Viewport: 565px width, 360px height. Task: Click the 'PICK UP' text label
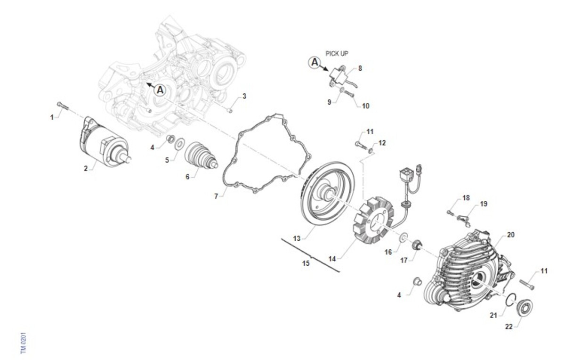click(337, 54)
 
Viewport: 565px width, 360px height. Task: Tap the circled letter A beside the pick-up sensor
click(315, 62)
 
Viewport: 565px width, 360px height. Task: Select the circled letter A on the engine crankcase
click(160, 90)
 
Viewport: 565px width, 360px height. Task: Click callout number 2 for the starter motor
click(86, 169)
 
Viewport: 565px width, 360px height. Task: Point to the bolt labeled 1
click(63, 106)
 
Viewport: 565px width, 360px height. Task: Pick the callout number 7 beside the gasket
click(216, 196)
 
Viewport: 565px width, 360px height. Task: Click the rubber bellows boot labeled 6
click(201, 156)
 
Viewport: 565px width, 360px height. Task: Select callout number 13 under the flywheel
click(297, 238)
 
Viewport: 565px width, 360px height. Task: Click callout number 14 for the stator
click(332, 259)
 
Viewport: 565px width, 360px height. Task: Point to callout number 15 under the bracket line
click(306, 263)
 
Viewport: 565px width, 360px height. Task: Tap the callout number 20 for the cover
click(510, 235)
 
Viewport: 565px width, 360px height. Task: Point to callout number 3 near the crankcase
click(244, 96)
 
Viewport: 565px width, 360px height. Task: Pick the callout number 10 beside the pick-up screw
click(365, 106)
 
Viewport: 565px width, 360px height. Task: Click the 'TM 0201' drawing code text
click(23, 343)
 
